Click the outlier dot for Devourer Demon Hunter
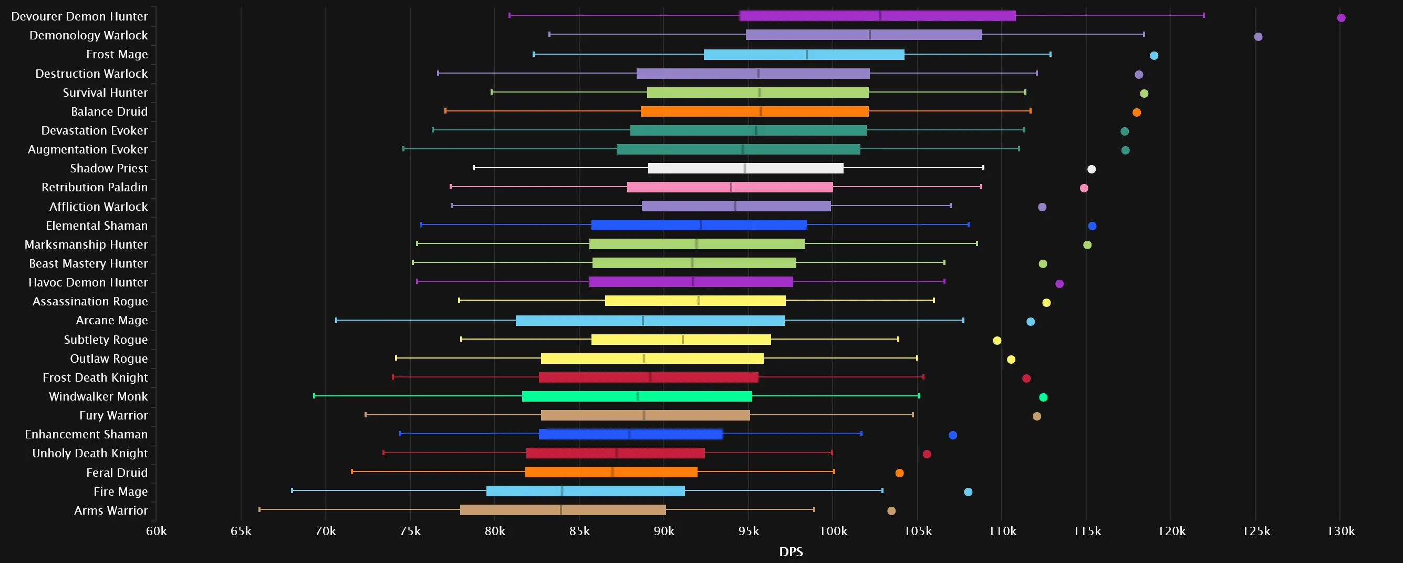1341,18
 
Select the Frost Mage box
803,55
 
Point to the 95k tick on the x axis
749,531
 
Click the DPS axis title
791,552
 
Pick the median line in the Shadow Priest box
744,168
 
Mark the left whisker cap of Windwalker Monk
314,396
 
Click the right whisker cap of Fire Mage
882,490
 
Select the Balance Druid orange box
754,112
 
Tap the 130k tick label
1340,531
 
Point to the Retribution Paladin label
94,188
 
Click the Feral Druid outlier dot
899,473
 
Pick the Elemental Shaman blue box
699,225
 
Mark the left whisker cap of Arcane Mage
336,320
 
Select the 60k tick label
157,531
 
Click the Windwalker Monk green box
637,396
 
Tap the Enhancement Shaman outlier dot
953,435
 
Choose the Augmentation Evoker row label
88,149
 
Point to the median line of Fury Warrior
644,415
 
